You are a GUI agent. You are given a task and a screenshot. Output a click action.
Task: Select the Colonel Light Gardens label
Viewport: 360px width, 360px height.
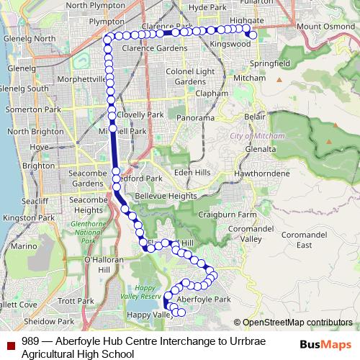[190, 76]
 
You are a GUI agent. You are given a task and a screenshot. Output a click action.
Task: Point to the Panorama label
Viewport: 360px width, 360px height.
[196, 117]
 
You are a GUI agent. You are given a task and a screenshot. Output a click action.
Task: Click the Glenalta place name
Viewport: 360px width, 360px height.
[260, 148]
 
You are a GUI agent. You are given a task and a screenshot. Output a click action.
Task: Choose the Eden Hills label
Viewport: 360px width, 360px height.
[192, 172]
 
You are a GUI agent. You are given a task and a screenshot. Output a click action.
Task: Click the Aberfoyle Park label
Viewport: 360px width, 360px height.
[203, 299]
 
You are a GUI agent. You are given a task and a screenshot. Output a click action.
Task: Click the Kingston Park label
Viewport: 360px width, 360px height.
[24, 217]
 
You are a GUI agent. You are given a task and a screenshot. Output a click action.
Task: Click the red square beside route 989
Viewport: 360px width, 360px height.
[9, 342]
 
